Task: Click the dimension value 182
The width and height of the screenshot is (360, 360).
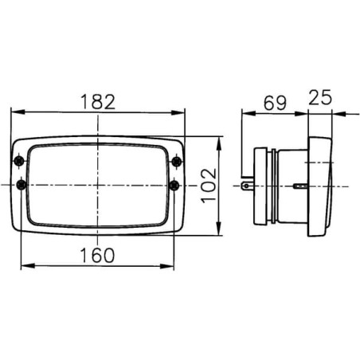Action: [98, 102]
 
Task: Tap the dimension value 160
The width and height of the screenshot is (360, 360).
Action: [97, 255]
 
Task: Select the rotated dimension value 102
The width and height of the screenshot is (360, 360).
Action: [209, 186]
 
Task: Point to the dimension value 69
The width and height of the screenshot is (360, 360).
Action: [275, 103]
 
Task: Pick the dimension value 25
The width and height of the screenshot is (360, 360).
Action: [320, 97]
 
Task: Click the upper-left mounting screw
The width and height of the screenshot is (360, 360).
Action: [19, 161]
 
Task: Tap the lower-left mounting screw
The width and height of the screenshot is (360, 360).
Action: [22, 185]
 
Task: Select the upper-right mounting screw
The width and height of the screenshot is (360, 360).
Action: [177, 162]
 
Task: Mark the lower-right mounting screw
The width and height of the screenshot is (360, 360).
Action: [174, 185]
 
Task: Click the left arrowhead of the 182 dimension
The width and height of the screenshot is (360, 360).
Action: [18, 112]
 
